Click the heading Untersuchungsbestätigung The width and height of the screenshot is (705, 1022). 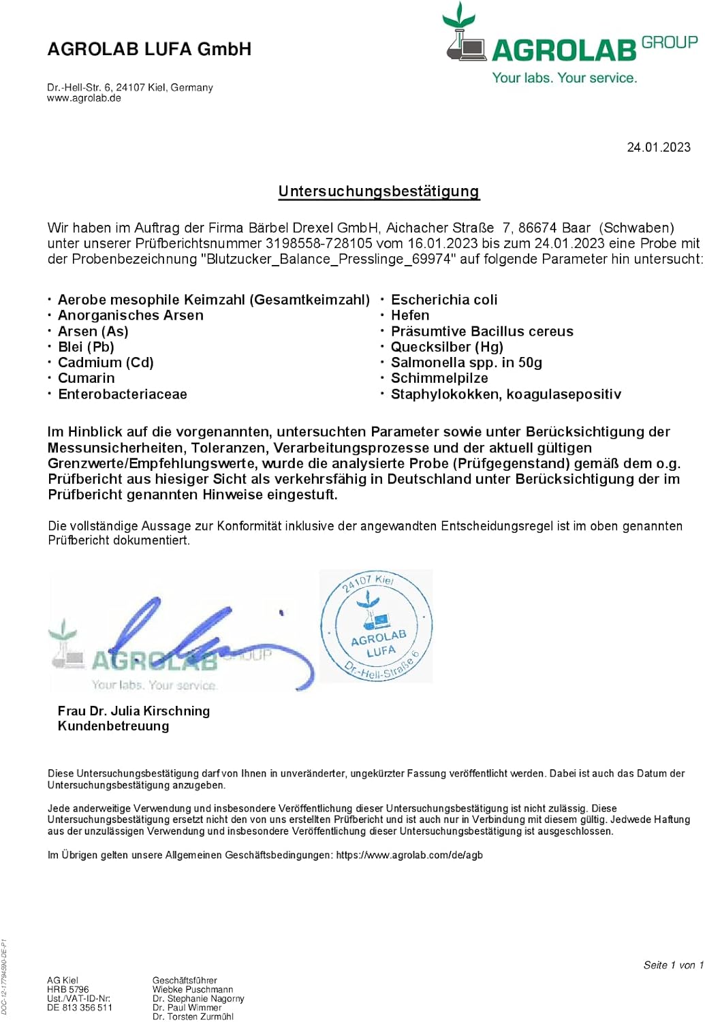(x=379, y=191)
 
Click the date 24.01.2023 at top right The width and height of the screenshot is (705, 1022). (x=658, y=147)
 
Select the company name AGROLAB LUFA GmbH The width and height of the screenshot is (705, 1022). (x=149, y=49)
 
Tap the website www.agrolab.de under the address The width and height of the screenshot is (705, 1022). (x=84, y=98)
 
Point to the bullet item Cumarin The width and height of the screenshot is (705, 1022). (x=86, y=378)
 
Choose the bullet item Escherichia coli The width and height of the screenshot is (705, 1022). (x=444, y=300)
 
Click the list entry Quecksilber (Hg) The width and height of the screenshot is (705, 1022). (x=447, y=347)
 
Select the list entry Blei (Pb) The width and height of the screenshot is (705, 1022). (x=86, y=347)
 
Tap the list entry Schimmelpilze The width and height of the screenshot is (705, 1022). (x=439, y=378)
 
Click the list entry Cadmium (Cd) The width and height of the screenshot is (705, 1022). (x=106, y=362)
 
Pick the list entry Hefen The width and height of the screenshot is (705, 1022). (x=410, y=315)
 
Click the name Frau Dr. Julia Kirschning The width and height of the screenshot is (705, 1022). (x=134, y=711)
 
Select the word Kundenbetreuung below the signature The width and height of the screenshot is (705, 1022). (x=113, y=726)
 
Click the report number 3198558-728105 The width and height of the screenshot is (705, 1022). (x=319, y=243)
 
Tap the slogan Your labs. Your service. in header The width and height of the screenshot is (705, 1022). (x=565, y=78)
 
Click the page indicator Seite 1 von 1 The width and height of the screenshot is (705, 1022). (x=673, y=965)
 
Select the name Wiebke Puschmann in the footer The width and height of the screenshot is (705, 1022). (x=193, y=989)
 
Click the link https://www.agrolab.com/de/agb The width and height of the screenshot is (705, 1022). (x=409, y=855)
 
